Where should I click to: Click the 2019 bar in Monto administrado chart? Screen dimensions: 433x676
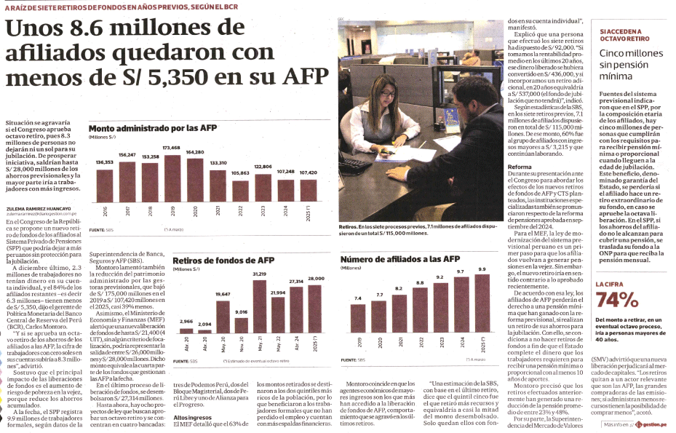tap(172, 178)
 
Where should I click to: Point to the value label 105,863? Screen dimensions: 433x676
tap(239, 172)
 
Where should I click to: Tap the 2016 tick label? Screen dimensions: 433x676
tap(106, 212)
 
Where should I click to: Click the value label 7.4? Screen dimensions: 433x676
tap(358, 298)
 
